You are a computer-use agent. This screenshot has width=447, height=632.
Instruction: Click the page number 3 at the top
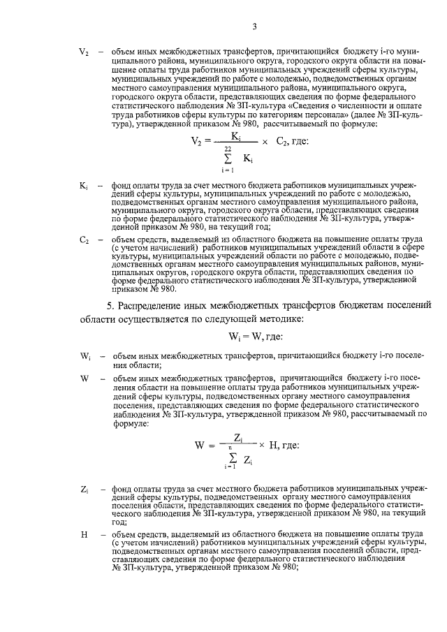[x=255, y=27]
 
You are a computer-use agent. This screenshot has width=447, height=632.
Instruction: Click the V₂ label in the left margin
[x=83, y=52]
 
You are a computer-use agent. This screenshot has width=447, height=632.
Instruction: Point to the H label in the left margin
[x=83, y=534]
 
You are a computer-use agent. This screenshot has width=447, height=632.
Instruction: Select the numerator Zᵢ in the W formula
[x=237, y=437]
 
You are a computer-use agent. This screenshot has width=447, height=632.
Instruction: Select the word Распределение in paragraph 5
[x=149, y=305]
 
